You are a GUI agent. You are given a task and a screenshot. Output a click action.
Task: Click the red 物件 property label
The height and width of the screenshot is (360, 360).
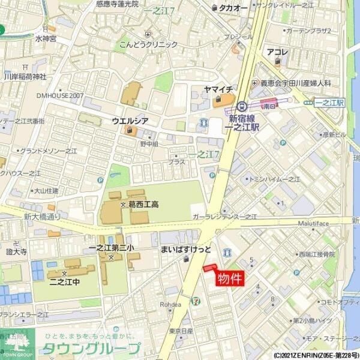[229, 279]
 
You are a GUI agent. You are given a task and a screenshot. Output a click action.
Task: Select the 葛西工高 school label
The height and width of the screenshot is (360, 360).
[143, 205]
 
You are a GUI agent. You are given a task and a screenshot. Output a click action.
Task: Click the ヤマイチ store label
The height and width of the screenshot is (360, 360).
[218, 89]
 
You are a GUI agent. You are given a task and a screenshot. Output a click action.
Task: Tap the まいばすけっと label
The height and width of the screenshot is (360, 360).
[186, 248]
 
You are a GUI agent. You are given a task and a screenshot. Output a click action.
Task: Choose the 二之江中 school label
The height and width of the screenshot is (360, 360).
[65, 281]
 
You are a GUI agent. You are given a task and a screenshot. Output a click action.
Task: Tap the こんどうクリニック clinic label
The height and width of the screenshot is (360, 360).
[148, 44]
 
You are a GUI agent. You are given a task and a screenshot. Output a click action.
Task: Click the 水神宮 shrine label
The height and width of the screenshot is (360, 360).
[46, 38]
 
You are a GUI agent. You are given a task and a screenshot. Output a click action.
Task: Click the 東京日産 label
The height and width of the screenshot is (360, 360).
[181, 331]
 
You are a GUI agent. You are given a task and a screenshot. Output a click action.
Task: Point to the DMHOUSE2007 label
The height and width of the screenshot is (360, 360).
[60, 95]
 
